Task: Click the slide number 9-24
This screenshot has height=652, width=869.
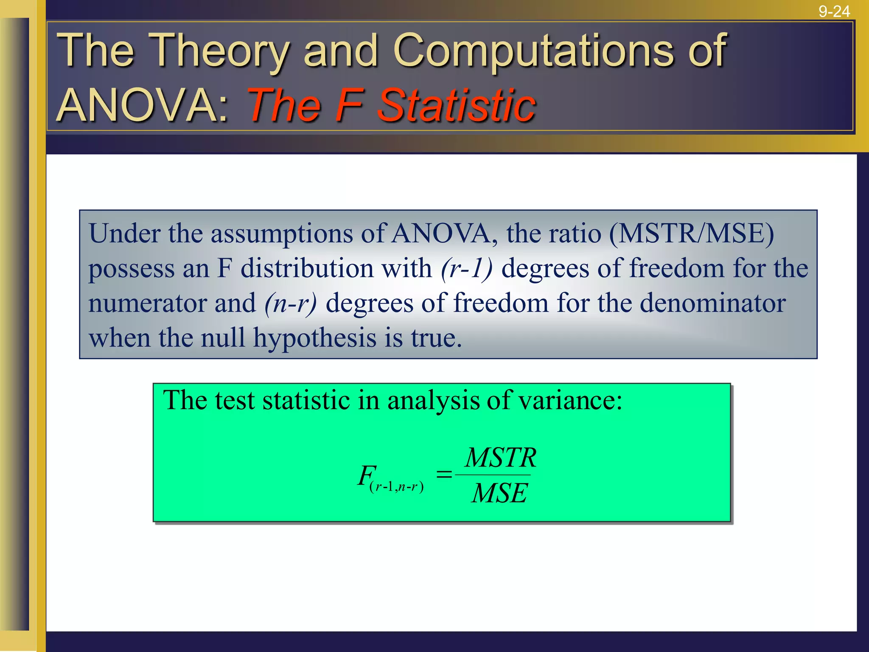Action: coord(834,11)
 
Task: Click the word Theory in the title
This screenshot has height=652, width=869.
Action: coord(219,52)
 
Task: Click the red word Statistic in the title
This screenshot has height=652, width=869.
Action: coord(457,105)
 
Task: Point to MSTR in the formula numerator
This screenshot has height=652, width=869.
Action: coord(501,458)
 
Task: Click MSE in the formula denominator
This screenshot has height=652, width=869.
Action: coord(499,493)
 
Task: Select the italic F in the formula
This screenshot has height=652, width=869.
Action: coord(366,475)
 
